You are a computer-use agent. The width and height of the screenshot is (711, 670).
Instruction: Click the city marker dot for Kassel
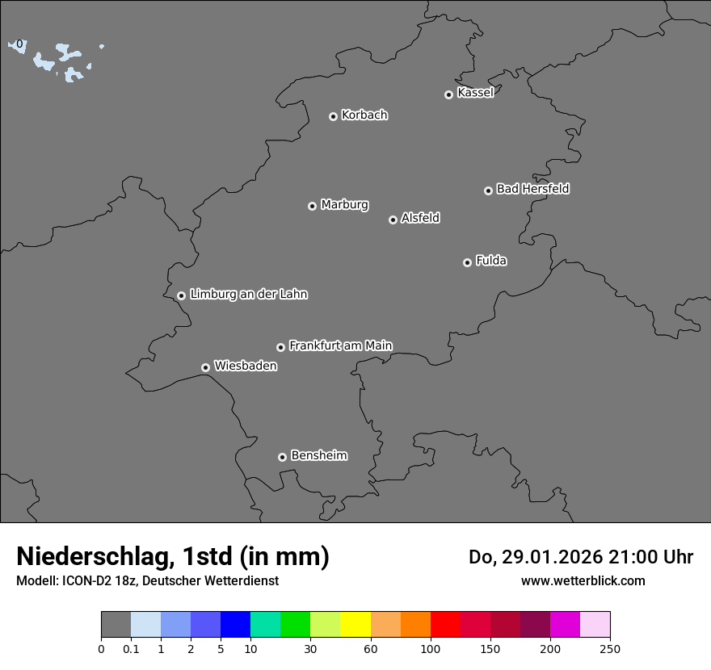pos(448,94)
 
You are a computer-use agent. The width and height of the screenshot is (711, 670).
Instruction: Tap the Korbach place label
pos(364,115)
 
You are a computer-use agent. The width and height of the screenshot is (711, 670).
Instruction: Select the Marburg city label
pos(344,205)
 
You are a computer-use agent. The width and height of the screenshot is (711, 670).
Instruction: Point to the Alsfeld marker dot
pos(393,220)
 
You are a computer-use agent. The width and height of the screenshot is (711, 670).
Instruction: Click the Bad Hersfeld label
pos(532,189)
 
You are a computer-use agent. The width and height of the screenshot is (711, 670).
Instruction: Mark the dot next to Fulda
pos(467,262)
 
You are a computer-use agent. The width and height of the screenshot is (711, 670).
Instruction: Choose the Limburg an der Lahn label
pos(249,295)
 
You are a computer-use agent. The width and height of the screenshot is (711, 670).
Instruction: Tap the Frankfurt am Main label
pos(341,345)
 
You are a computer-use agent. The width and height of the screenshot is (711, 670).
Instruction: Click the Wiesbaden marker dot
pos(205,367)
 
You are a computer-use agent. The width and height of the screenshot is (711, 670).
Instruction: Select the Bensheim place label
pos(319,455)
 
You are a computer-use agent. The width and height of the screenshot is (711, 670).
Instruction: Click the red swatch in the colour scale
pos(445,625)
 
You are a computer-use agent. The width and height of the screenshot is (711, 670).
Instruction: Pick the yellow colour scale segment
pos(355,625)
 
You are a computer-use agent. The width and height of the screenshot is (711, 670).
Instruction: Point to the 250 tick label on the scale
pos(610,648)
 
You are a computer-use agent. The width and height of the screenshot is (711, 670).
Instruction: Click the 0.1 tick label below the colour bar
pos(131,648)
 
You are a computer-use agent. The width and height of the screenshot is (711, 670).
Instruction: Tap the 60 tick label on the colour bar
pos(371,648)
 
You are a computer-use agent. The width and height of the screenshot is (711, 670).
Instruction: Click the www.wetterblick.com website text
pos(583,580)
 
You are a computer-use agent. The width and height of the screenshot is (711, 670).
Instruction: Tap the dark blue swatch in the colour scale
pos(235,625)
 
